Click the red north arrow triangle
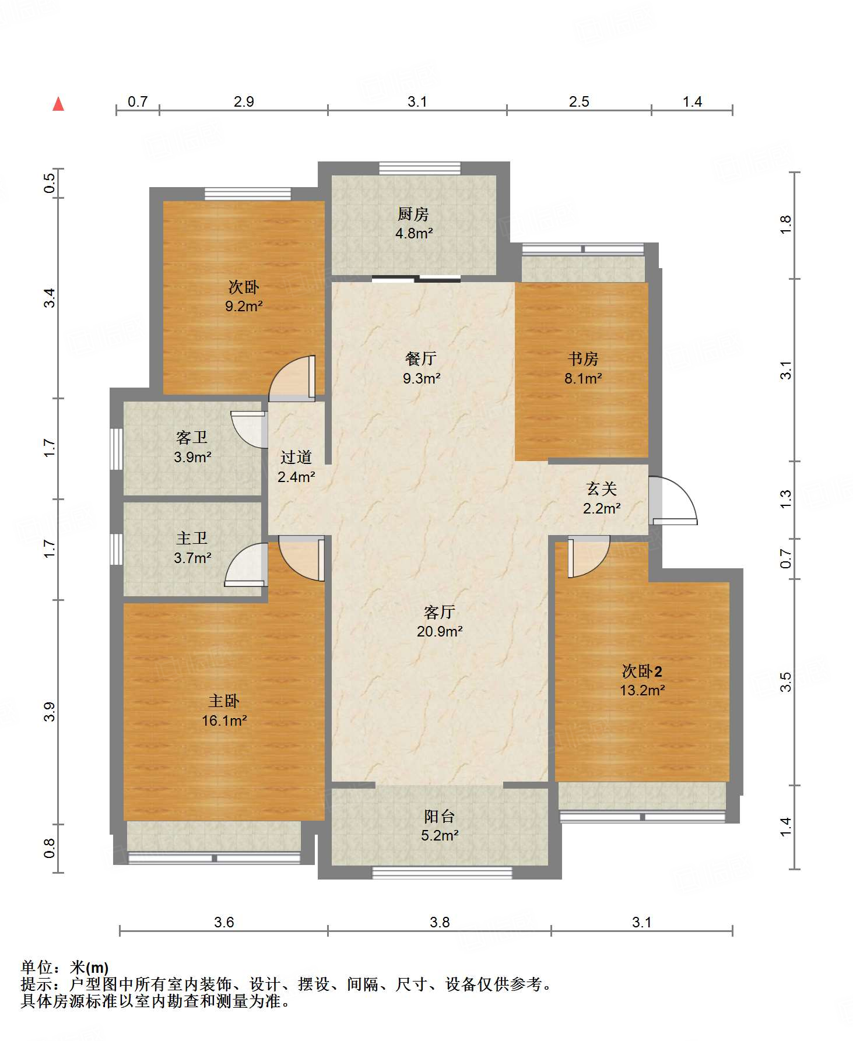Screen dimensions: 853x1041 [58, 104]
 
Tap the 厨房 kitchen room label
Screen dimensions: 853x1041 [413, 214]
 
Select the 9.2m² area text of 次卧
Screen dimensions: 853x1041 [244, 306]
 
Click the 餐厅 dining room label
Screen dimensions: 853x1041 [421, 358]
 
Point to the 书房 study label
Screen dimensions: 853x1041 [583, 358]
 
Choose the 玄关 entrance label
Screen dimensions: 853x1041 [601, 488]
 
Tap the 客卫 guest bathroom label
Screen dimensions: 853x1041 [192, 437]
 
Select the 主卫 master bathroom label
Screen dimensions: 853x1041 [192, 538]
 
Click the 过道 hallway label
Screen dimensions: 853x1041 [296, 457]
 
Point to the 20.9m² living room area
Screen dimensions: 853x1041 [440, 631]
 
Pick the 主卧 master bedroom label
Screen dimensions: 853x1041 [224, 701]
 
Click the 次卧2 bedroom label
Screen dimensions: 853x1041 [642, 671]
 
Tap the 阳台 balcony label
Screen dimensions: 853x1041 [439, 816]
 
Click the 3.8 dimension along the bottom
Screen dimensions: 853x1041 [440, 922]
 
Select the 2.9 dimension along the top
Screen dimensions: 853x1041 [244, 101]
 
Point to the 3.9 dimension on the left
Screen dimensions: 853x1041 [50, 712]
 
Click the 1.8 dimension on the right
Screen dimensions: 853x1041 [786, 224]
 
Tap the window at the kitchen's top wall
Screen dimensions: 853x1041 [420, 168]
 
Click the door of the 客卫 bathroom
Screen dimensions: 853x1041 [248, 430]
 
